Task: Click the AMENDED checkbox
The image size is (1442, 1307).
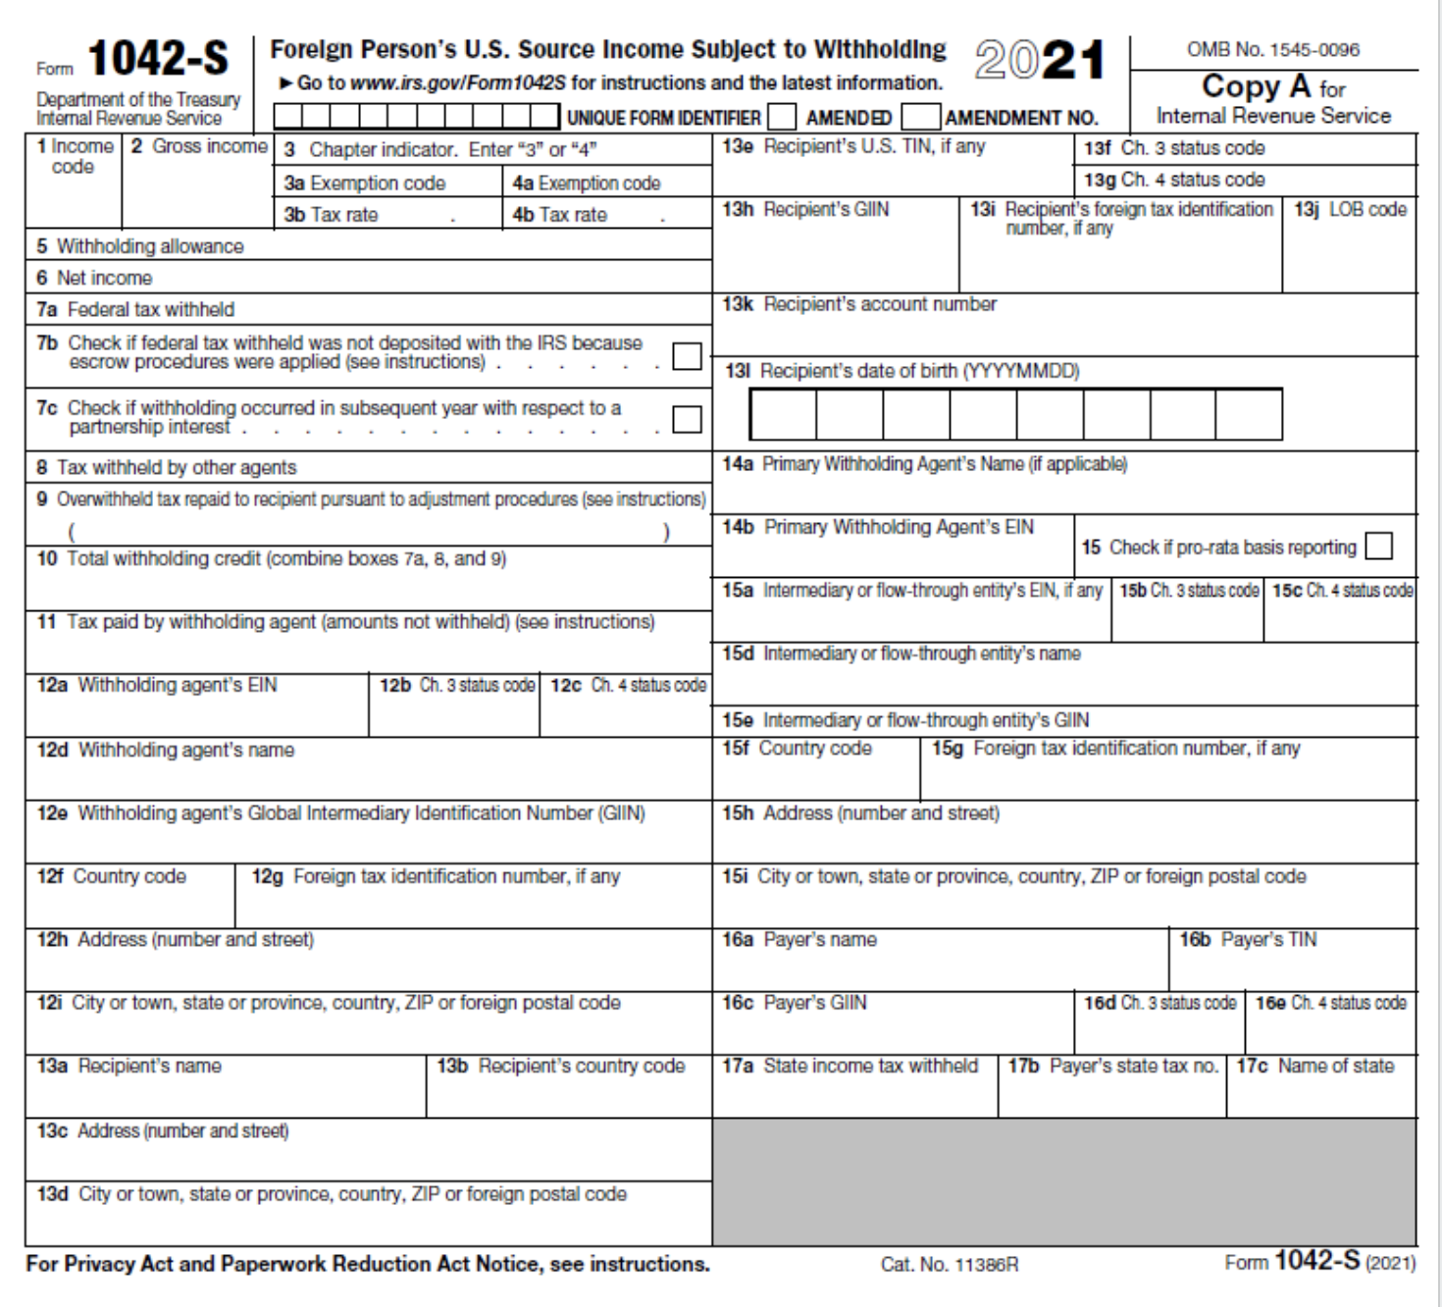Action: (782, 118)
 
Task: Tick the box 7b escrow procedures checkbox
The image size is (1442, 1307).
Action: (687, 356)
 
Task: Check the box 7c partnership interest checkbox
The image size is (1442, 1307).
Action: (687, 419)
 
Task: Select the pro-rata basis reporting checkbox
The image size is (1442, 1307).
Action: (1378, 547)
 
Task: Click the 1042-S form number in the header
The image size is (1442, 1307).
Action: (158, 60)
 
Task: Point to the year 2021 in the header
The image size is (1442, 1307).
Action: (1039, 61)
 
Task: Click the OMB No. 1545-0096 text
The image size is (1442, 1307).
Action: (1272, 49)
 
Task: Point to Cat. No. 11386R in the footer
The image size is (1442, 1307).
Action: (949, 1265)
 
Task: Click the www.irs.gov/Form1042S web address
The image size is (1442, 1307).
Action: (458, 82)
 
